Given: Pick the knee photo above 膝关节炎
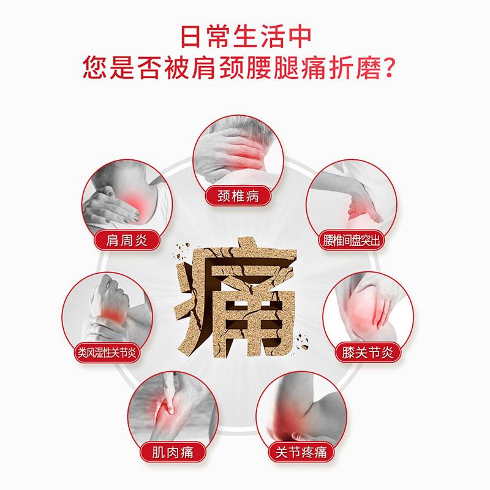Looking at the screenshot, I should coord(367,309).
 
